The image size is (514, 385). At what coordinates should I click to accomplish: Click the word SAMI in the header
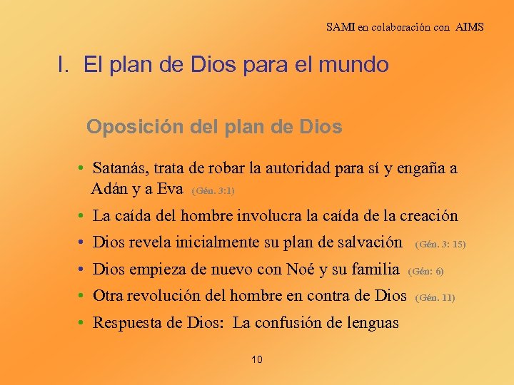tap(340, 27)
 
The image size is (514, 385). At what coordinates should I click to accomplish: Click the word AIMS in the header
tap(468, 27)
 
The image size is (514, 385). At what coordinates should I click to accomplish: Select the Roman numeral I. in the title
tap(64, 66)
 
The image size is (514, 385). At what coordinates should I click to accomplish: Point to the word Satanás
tap(119, 169)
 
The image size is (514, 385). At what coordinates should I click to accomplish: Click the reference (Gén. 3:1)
tap(213, 191)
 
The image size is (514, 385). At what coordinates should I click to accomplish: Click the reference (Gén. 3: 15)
tap(440, 244)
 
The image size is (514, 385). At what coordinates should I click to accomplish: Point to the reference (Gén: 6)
tap(426, 272)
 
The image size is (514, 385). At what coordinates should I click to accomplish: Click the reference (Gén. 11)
tap(435, 297)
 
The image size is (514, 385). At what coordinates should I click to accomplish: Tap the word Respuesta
tap(128, 323)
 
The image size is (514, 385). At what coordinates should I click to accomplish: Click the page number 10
tap(257, 359)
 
